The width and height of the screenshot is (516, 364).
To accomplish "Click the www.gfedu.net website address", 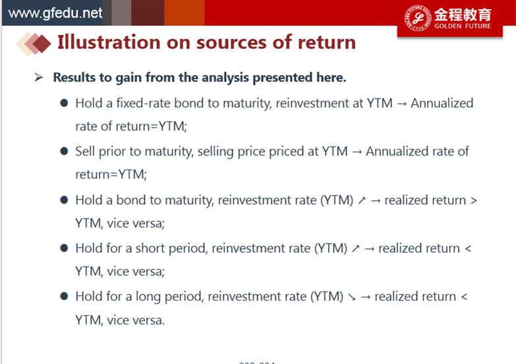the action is point(55,13).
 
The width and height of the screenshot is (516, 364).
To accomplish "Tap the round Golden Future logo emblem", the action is point(418,18).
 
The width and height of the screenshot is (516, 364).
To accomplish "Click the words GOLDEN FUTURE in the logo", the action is point(463,26).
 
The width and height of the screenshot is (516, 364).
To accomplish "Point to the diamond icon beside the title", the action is point(34,43).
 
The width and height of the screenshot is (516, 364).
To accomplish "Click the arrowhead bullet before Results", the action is point(38,77).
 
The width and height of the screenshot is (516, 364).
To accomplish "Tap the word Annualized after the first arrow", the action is point(442,103).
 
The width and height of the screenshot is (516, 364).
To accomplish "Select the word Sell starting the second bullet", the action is point(85,151).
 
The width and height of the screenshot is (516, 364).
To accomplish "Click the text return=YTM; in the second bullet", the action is point(111,174).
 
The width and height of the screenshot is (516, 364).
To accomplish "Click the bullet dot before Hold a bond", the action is point(64,199).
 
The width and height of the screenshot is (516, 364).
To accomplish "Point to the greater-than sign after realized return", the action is point(474,200).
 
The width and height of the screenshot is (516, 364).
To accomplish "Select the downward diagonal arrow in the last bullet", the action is point(352,297).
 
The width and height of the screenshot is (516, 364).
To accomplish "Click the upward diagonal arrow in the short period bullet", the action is point(356,248).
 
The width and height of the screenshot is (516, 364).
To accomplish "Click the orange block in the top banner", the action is point(185,13).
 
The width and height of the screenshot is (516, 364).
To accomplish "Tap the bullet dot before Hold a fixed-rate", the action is point(64,103).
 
